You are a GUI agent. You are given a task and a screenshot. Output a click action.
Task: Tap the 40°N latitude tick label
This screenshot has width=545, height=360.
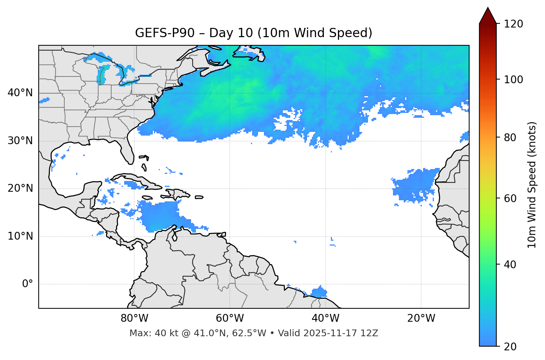[x=20, y=93]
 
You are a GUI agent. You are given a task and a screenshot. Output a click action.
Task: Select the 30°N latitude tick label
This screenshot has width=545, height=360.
[x=20, y=141]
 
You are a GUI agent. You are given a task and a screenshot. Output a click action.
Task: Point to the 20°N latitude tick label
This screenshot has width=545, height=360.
[x=20, y=188]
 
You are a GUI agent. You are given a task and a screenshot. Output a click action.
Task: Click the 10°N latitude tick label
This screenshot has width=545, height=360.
[x=20, y=236]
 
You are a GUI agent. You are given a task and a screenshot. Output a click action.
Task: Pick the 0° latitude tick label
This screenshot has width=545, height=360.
[x=27, y=284]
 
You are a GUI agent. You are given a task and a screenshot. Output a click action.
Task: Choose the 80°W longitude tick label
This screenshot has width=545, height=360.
[x=134, y=318]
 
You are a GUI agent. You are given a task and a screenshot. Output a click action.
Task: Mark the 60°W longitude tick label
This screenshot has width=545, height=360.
[x=230, y=318]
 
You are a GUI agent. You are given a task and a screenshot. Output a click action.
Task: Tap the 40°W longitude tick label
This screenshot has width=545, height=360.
[x=325, y=318]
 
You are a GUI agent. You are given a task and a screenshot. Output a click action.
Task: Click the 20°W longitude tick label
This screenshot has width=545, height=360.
[x=421, y=318]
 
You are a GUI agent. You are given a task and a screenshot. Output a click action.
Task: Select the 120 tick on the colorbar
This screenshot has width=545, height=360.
[x=513, y=24]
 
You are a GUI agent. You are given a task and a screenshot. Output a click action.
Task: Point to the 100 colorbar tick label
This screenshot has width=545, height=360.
[x=513, y=80]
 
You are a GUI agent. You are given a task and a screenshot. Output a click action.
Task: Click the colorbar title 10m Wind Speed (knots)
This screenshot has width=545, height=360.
[x=532, y=185]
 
